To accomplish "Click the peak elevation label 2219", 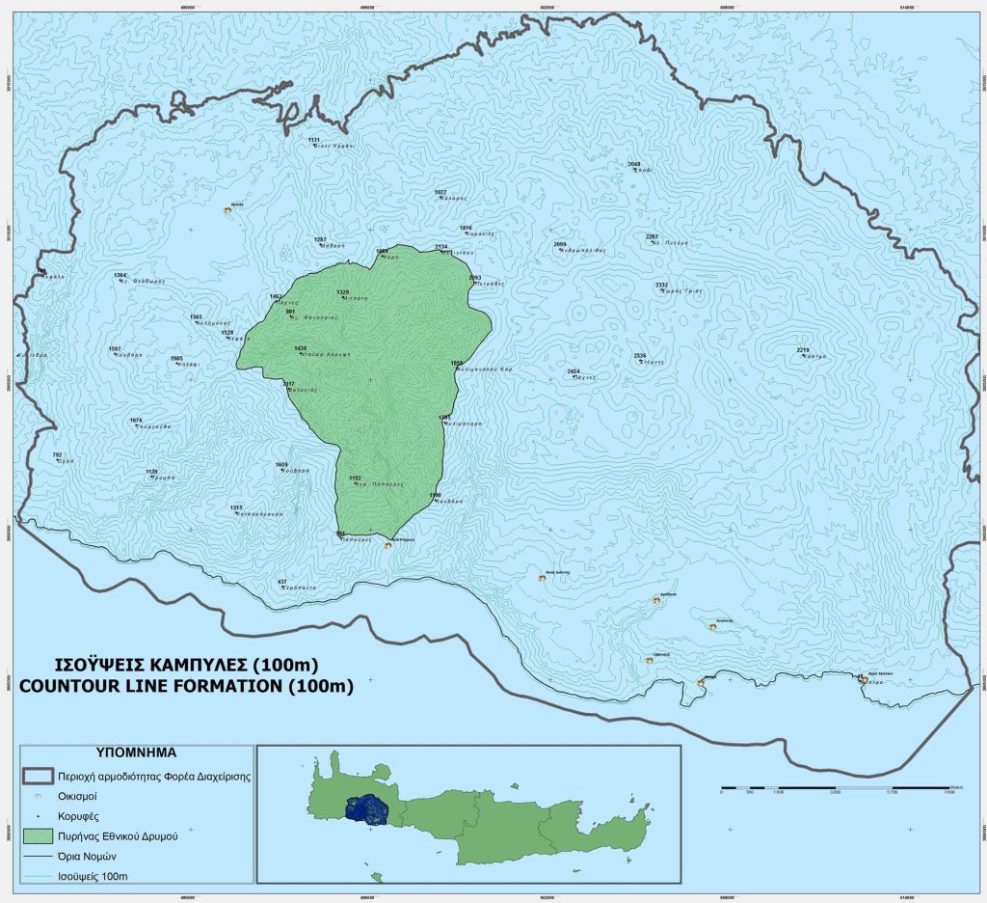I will [803, 349].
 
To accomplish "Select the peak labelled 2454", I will [574, 371].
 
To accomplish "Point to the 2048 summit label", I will [633, 164].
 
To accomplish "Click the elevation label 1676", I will [136, 420].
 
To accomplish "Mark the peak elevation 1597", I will [115, 348].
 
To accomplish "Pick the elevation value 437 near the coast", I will [282, 582].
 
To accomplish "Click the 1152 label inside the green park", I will [355, 478].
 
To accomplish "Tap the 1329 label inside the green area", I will [342, 291].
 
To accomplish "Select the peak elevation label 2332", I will [661, 285].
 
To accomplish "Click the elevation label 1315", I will [236, 507].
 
